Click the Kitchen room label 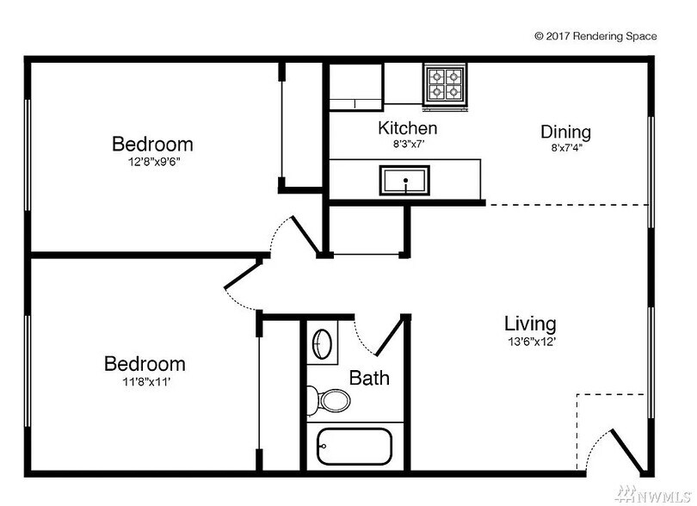point(408,128)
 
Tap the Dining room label point(566,132)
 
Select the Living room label point(530,324)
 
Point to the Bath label point(369,378)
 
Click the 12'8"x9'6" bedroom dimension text point(154,162)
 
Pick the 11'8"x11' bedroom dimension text point(146,382)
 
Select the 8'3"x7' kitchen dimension point(408,144)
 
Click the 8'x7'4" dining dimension point(567,148)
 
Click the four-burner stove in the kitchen point(445,85)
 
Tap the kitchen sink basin point(404,180)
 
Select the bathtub point(355,447)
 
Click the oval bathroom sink point(323,343)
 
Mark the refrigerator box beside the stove point(355,87)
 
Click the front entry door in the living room point(626,451)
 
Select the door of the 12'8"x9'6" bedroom point(305,236)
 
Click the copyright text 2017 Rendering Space point(595,36)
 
